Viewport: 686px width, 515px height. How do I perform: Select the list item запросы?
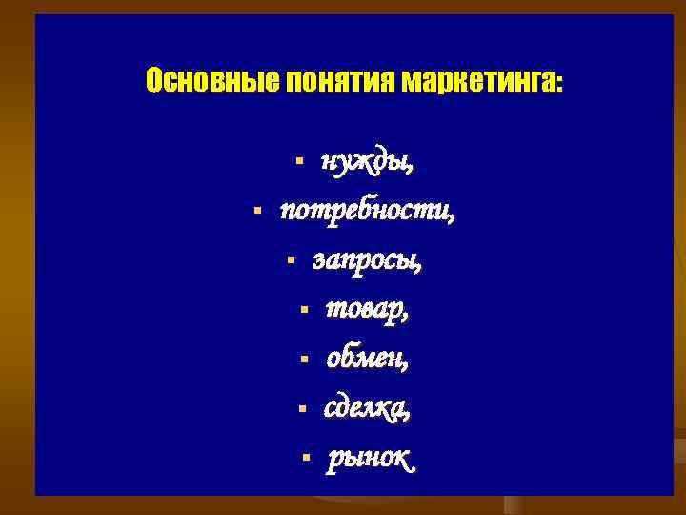[x=368, y=259]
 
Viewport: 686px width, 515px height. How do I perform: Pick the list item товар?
[x=367, y=309]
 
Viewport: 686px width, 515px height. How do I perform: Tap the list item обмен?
[x=367, y=360]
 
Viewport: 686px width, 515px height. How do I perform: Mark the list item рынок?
[x=370, y=460]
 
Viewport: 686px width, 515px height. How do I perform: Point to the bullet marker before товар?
[x=302, y=309]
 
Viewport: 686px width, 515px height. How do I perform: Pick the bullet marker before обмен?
[x=302, y=360]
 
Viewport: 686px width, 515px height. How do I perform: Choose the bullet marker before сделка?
[x=300, y=409]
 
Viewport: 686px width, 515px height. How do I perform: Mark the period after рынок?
[x=413, y=468]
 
